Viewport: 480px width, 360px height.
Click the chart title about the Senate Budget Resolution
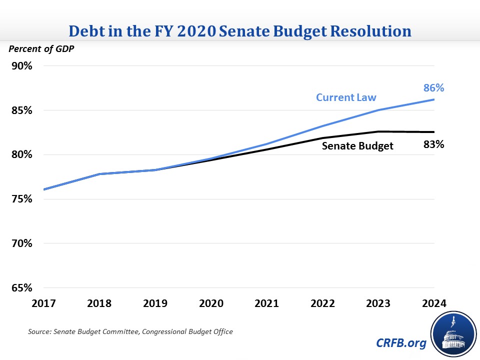pyautogui.click(x=240, y=31)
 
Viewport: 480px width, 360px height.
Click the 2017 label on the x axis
pyautogui.click(x=44, y=304)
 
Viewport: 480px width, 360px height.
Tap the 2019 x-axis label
pyautogui.click(x=155, y=304)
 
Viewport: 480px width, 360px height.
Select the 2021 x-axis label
pyautogui.click(x=267, y=304)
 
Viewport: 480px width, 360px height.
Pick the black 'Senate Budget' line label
pyautogui.click(x=357, y=146)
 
